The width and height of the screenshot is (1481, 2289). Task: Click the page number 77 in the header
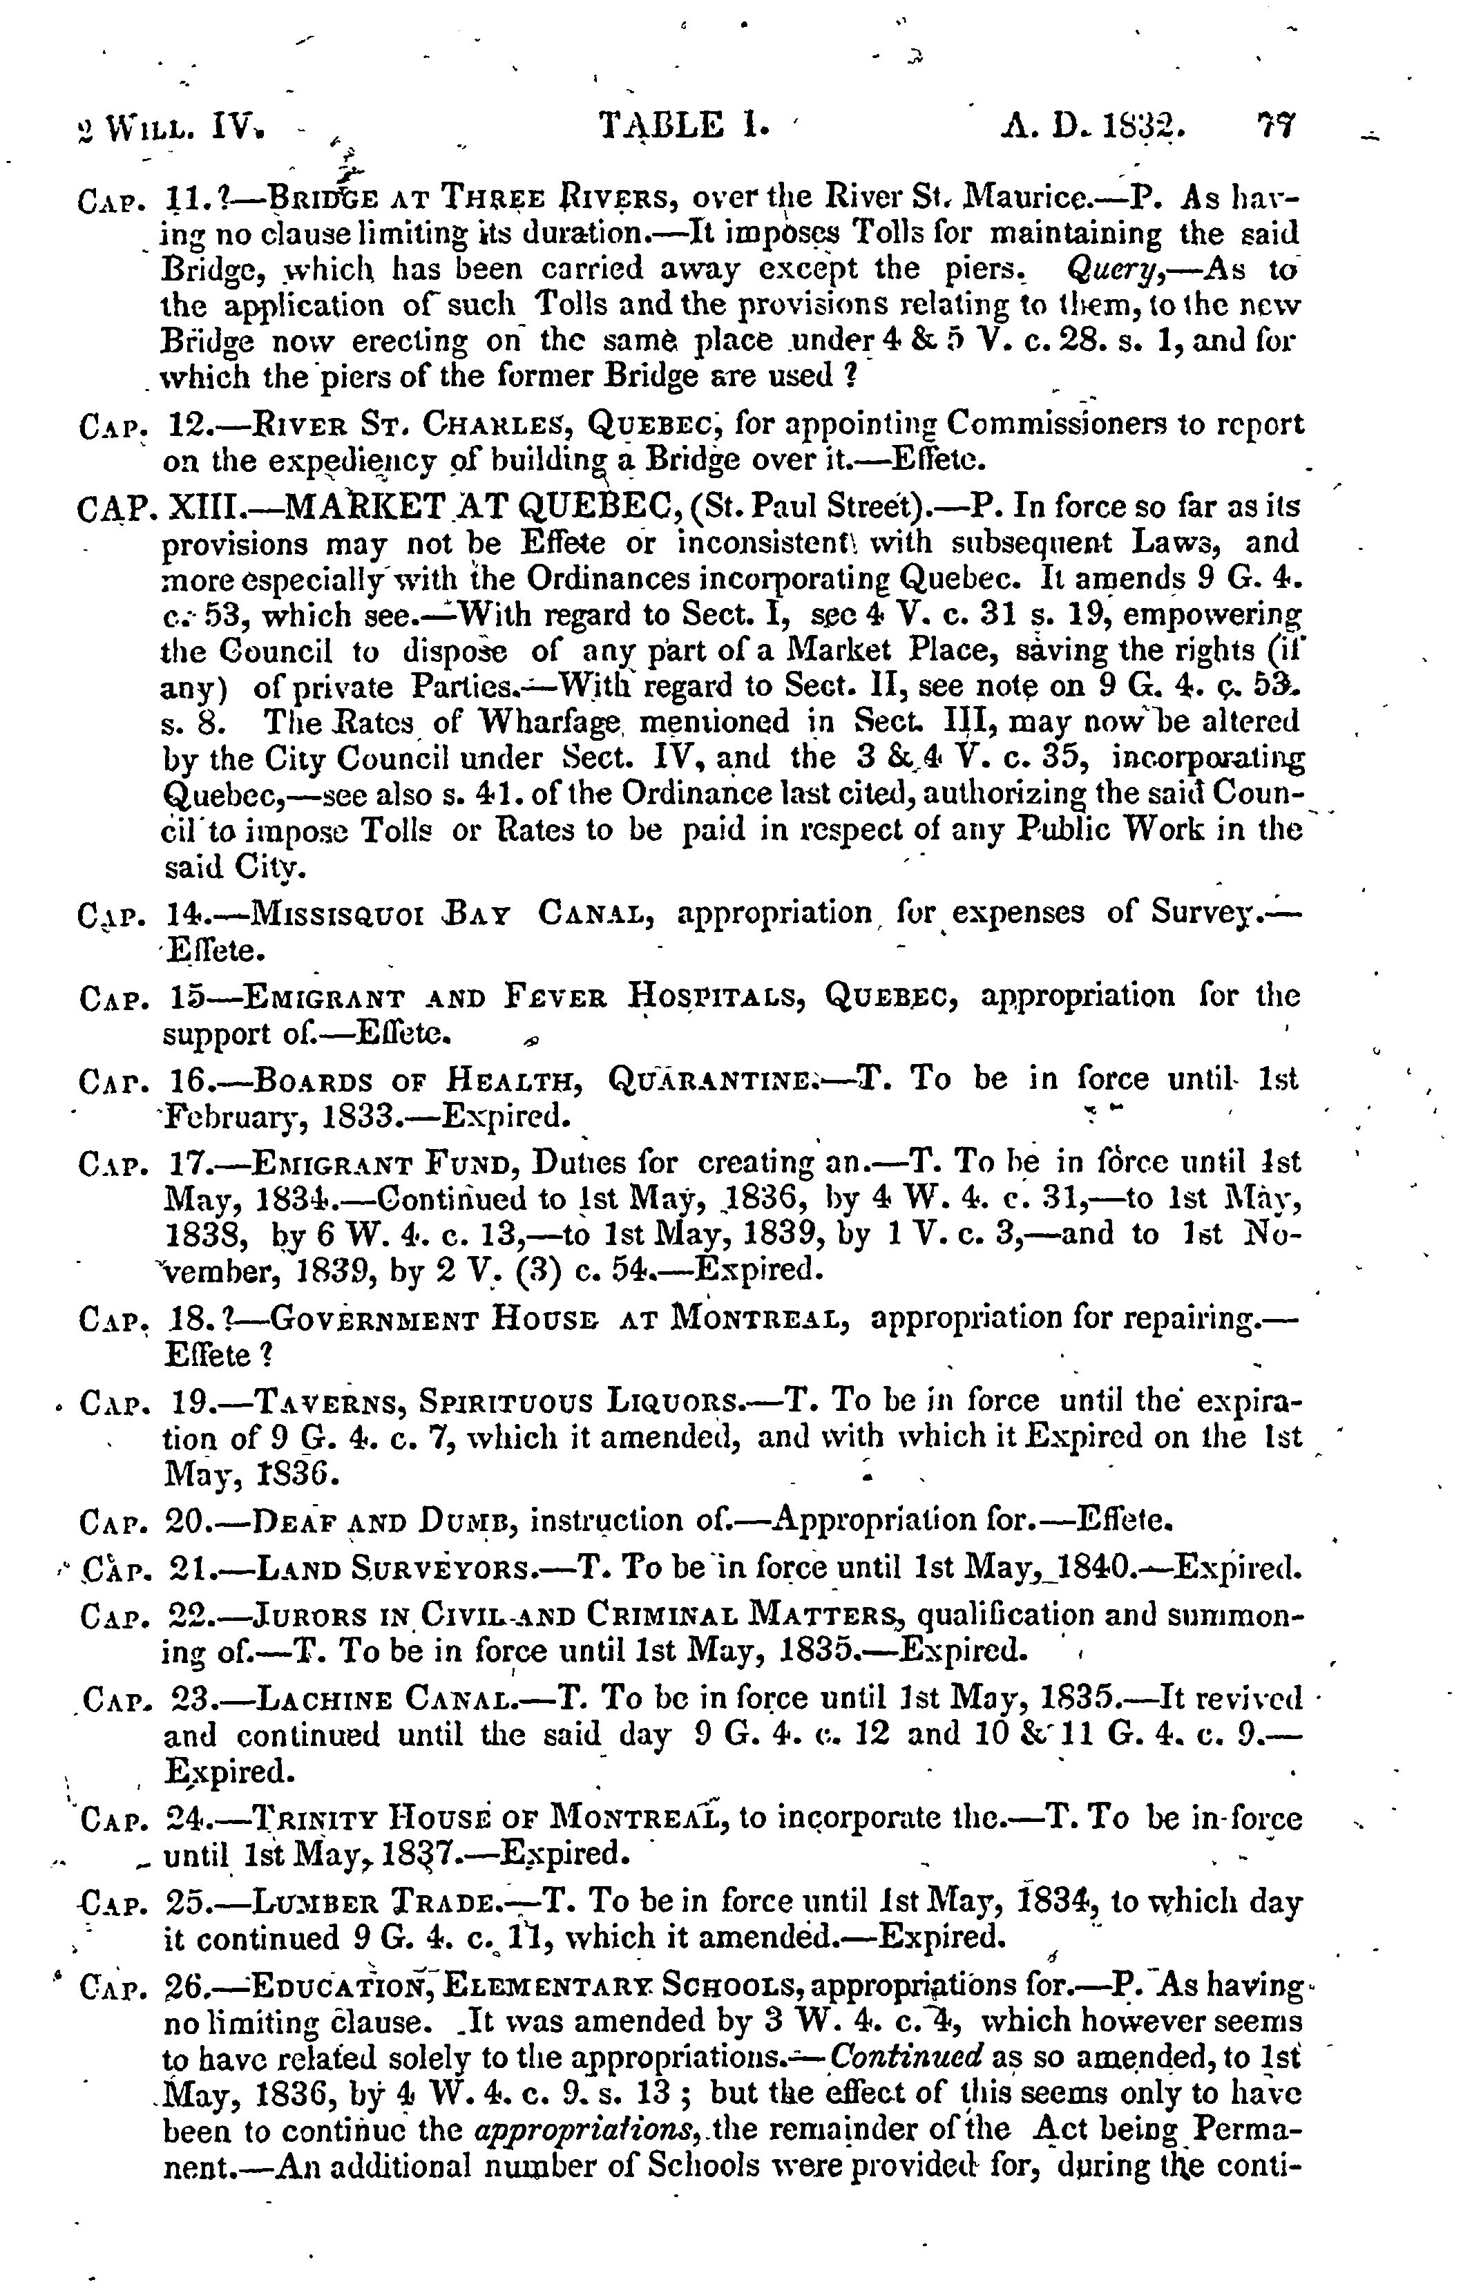point(1276,126)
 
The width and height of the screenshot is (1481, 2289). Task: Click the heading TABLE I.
point(684,126)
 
